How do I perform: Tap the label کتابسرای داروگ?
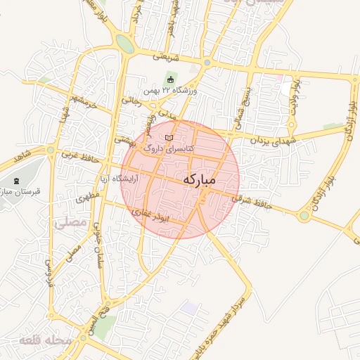pos(163,149)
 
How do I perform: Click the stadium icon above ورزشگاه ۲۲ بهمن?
pos(170,78)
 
